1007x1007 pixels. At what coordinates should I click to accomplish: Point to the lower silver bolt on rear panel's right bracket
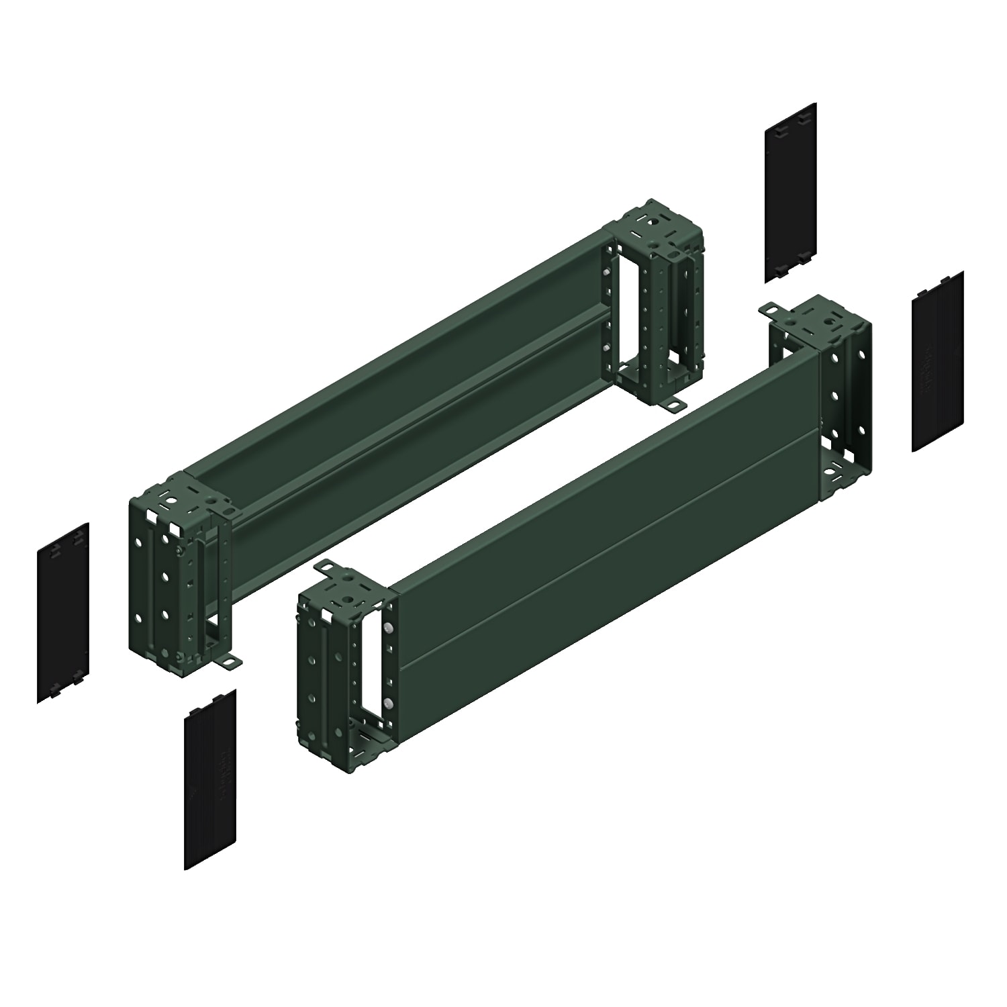[606, 347]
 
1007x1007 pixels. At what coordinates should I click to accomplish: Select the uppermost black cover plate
[790, 192]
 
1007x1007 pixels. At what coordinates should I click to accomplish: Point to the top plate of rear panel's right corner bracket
[655, 225]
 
